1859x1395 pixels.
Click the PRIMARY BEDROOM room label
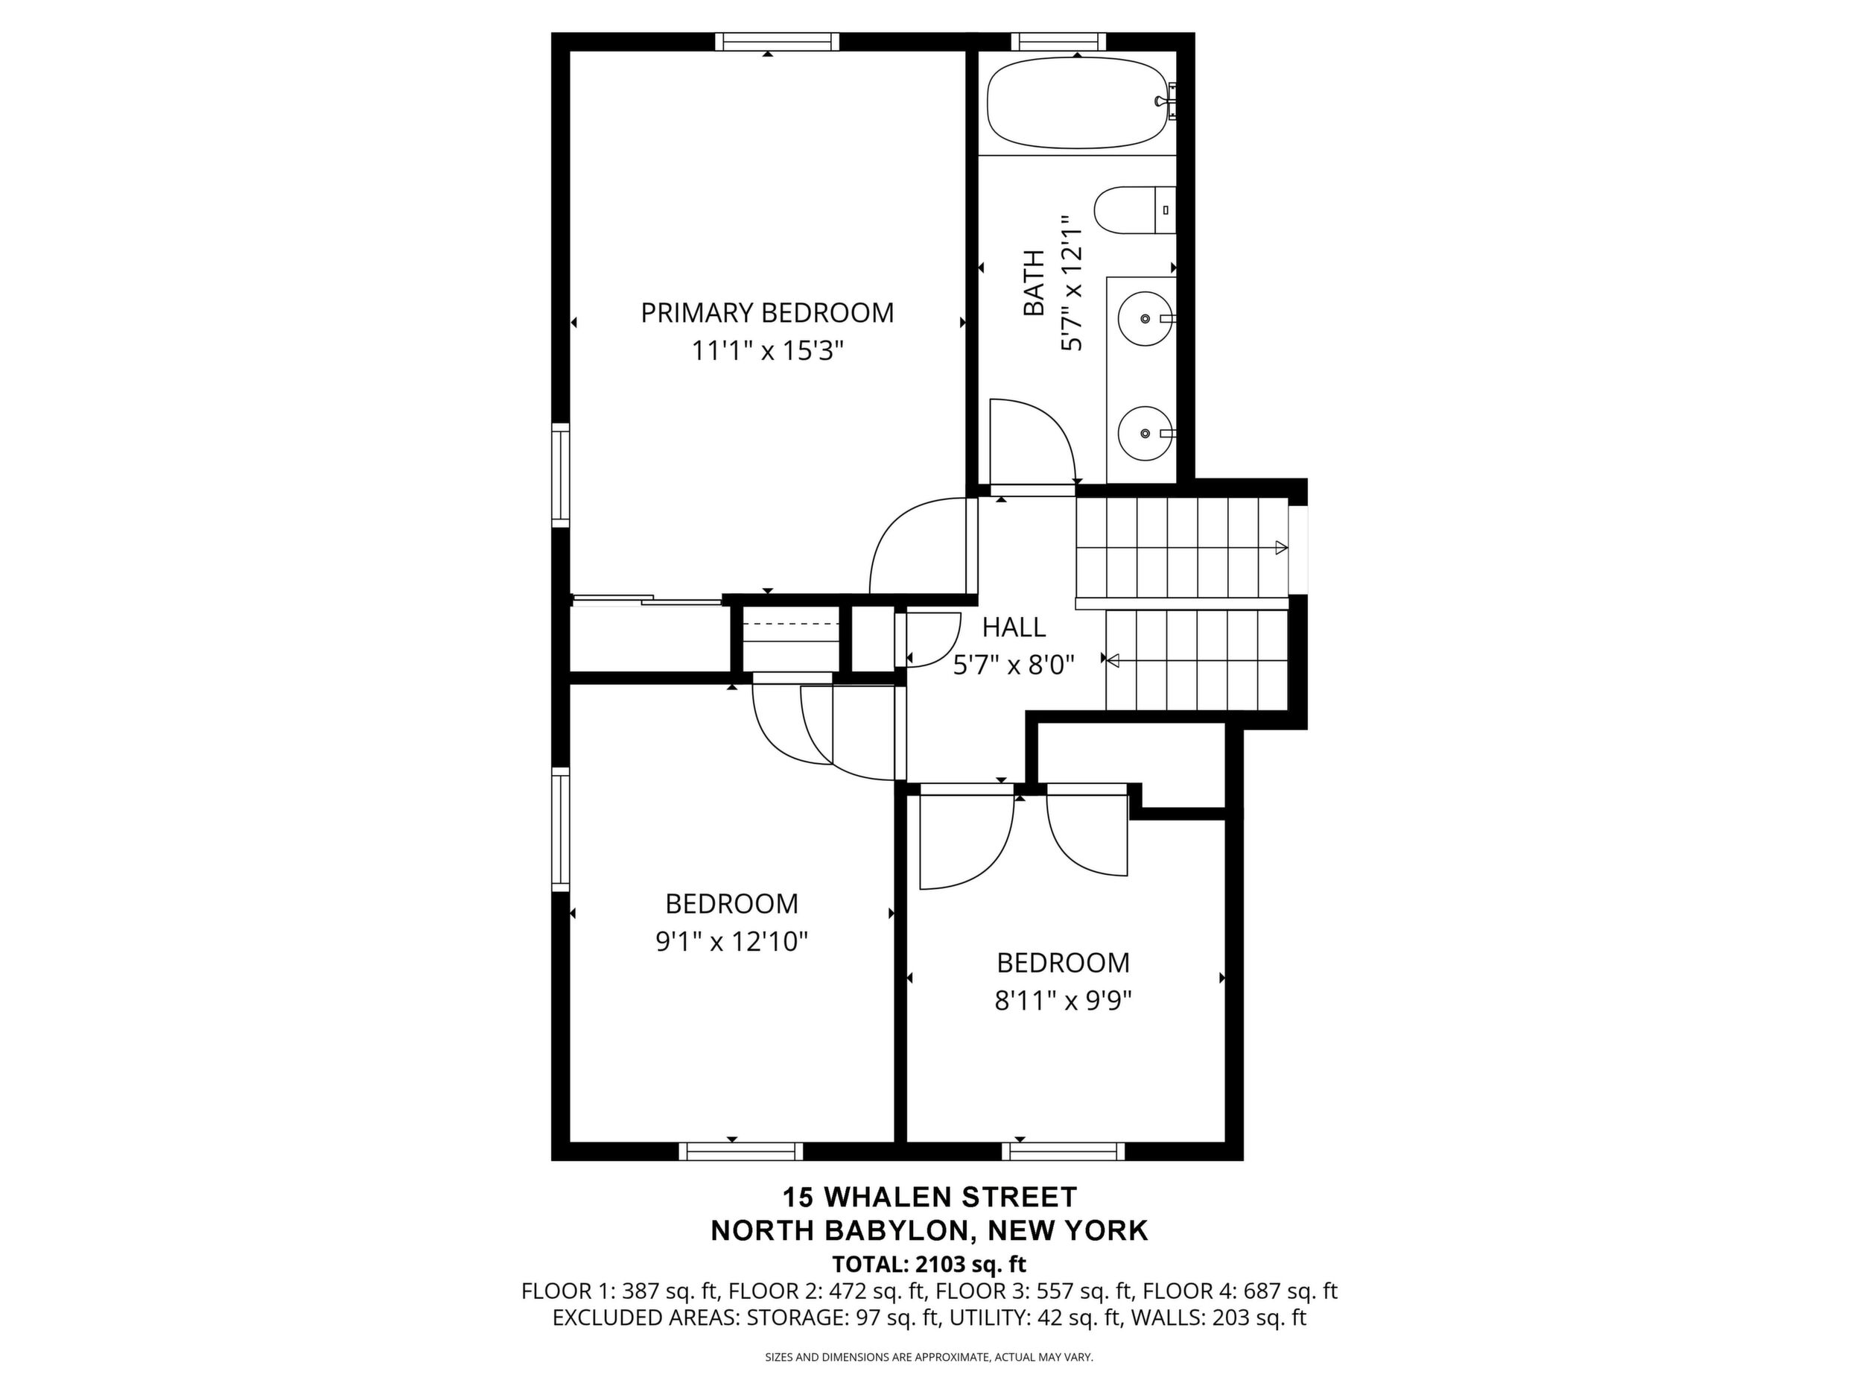point(767,313)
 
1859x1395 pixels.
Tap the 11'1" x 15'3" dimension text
point(767,351)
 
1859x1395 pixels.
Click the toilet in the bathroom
point(1134,210)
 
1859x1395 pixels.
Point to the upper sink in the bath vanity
point(1145,319)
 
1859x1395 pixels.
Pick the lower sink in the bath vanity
point(1145,433)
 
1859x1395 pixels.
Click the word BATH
point(1034,282)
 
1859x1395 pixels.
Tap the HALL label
point(1014,627)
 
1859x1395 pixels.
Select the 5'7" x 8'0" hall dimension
point(1014,665)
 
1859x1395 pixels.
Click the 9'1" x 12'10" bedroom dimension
point(732,941)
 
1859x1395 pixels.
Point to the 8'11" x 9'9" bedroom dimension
point(1063,1000)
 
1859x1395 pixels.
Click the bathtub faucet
point(1165,101)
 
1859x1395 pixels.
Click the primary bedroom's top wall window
point(778,42)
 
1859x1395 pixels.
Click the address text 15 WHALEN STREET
point(929,1197)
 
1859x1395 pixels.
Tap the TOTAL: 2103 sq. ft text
point(929,1264)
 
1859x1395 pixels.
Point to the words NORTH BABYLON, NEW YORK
point(929,1231)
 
